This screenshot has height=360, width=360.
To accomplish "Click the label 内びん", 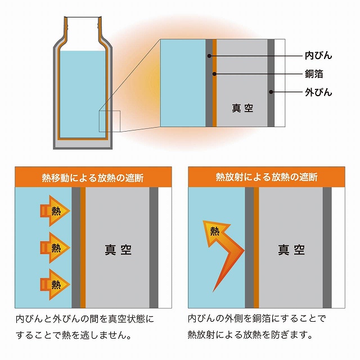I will point(318,56).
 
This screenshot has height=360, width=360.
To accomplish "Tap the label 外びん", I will point(318,92).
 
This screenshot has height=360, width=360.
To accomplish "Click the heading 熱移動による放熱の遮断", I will point(93,178).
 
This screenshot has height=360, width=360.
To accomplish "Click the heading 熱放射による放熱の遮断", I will point(267,178).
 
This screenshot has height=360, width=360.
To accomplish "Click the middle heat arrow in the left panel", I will point(55,246).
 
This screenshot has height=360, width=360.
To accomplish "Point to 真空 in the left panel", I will point(118,249).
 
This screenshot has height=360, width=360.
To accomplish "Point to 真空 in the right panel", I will point(291,249).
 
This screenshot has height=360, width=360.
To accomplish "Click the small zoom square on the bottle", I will point(110,121).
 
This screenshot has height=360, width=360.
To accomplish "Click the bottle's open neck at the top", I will point(83,22).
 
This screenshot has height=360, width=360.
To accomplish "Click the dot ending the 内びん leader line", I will point(209,56).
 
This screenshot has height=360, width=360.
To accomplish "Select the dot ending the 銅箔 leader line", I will point(214,74).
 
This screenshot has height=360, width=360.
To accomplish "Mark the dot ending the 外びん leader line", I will point(271,92).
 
